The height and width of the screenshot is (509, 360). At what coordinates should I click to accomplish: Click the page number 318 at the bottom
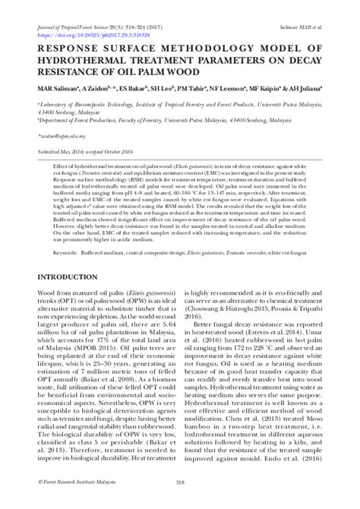tap(180, 501)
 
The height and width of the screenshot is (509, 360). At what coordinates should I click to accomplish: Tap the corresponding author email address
tap(58, 130)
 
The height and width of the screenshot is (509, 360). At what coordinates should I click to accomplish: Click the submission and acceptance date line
tap(88, 153)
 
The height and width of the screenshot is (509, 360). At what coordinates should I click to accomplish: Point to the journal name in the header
tap(69, 7)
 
